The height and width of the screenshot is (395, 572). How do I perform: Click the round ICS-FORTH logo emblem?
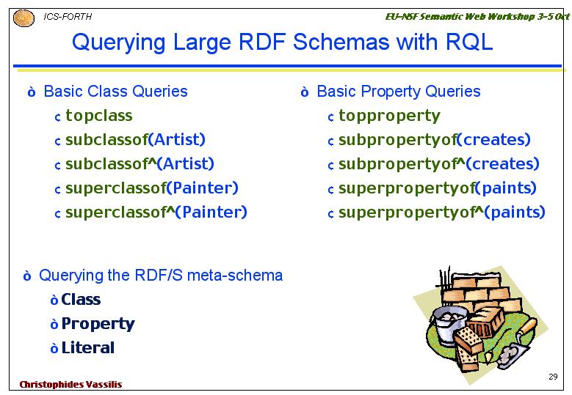pyautogui.click(x=23, y=18)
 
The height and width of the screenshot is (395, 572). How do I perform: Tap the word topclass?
pyautogui.click(x=99, y=116)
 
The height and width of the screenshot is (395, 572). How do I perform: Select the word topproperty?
pyautogui.click(x=389, y=116)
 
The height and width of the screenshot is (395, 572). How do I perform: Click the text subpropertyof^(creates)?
pyautogui.click(x=439, y=164)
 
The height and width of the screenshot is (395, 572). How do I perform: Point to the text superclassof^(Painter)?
pyautogui.click(x=156, y=213)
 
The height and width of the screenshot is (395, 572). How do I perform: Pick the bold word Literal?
pyautogui.click(x=88, y=348)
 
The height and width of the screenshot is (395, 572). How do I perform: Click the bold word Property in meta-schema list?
pyautogui.click(x=98, y=324)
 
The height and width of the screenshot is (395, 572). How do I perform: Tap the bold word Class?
pyautogui.click(x=81, y=299)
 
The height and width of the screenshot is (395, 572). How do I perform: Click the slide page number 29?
pyautogui.click(x=553, y=377)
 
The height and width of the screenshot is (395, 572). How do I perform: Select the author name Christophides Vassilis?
pyautogui.click(x=70, y=385)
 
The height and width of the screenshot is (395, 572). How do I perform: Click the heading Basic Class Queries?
pyautogui.click(x=115, y=92)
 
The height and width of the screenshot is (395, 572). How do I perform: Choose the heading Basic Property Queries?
pyautogui.click(x=399, y=92)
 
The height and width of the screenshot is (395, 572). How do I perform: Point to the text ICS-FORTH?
pyautogui.click(x=68, y=17)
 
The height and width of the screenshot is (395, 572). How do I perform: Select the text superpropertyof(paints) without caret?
pyautogui.click(x=438, y=188)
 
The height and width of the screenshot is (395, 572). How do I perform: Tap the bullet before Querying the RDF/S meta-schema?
pyautogui.click(x=27, y=276)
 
